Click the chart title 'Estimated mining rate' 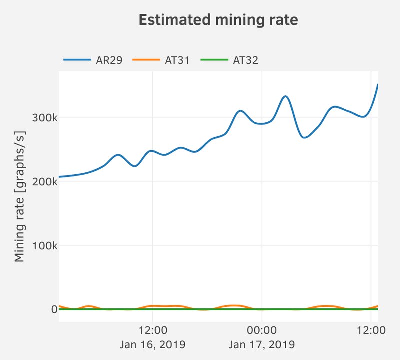point(218,20)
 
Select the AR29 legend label point(110,61)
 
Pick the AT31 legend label point(177,61)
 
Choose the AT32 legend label point(245,61)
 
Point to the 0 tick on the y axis point(51,310)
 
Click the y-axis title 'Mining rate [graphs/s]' point(20,196)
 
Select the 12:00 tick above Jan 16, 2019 point(152,330)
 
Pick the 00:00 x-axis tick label point(261,330)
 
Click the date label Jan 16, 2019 point(152,344)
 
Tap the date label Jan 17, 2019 point(261,344)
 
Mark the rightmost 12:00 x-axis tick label point(370,330)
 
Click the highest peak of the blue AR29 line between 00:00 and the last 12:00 point(285,96)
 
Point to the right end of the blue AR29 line point(377,85)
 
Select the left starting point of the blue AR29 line point(59,177)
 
